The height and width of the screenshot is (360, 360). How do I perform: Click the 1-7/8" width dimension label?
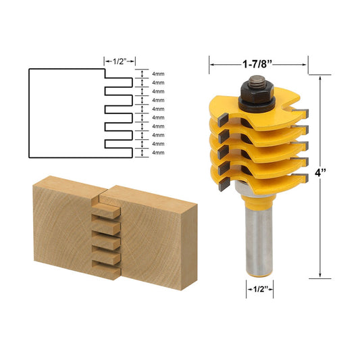[x=257, y=66]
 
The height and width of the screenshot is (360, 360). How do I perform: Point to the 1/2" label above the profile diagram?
[x=120, y=60]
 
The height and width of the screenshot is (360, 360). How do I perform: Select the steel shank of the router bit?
[x=257, y=240]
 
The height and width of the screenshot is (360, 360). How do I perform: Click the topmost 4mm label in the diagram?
[x=159, y=74]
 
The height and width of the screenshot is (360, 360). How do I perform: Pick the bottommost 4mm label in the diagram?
[x=159, y=153]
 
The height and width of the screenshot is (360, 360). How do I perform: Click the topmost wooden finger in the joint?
[x=107, y=211]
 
